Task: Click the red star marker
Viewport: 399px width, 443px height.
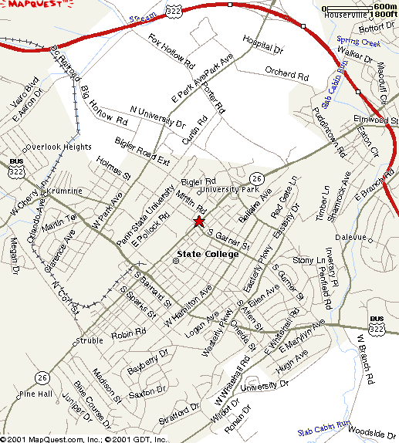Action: [198, 221]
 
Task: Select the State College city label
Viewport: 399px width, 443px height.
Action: [208, 254]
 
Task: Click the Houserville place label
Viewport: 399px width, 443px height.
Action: [344, 15]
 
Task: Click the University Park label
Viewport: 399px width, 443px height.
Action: [228, 189]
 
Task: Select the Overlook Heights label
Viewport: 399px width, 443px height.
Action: [58, 147]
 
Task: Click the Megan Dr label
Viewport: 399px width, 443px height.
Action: [13, 249]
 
